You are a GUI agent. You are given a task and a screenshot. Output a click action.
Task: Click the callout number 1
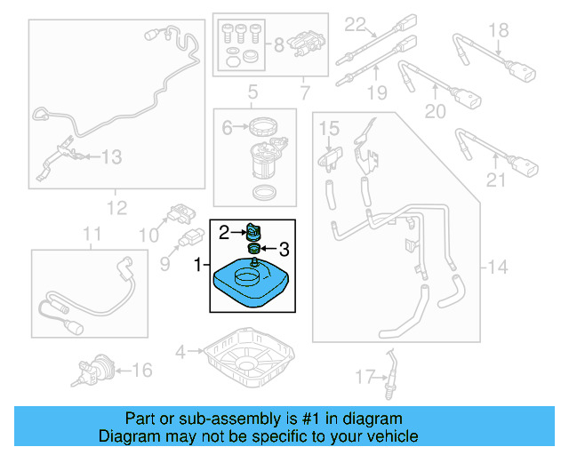pos(198,265)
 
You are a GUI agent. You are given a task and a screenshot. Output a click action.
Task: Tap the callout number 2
pos(226,233)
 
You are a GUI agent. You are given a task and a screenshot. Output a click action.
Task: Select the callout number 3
pos(284,249)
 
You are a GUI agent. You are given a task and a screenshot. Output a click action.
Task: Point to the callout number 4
pos(180,353)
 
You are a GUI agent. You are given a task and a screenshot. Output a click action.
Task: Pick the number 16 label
pos(141,369)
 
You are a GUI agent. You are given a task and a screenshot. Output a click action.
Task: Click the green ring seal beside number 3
pos(254,249)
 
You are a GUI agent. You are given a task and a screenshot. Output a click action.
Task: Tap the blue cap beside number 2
pos(254,232)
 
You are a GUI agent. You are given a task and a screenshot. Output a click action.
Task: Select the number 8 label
pos(277,43)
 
